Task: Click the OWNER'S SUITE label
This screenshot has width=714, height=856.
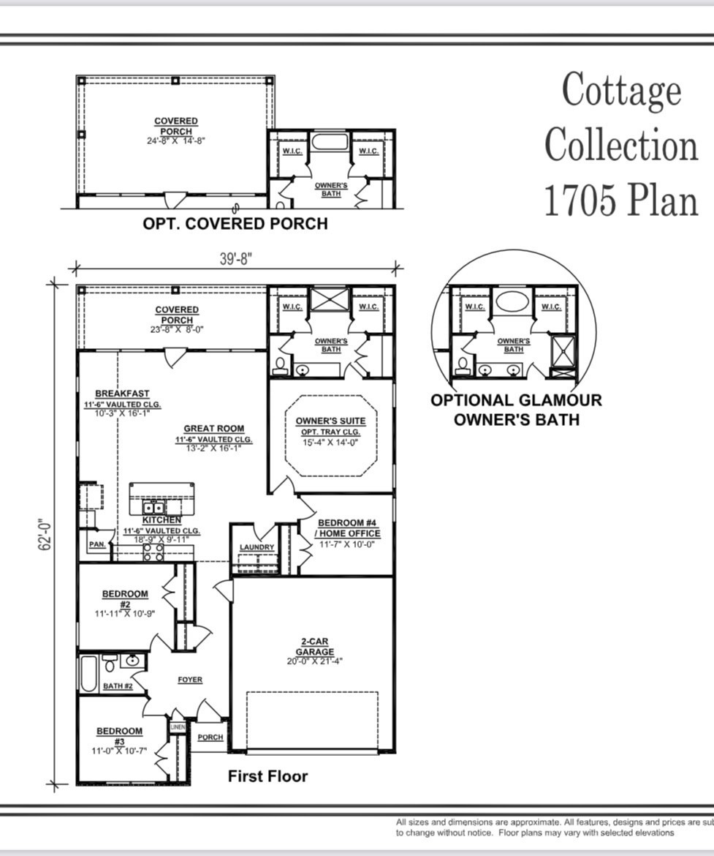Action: pyautogui.click(x=330, y=421)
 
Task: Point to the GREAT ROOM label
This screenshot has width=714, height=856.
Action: pyautogui.click(x=213, y=429)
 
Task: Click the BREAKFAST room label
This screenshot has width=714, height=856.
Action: pyautogui.click(x=122, y=394)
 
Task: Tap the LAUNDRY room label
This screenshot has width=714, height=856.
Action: pyautogui.click(x=257, y=547)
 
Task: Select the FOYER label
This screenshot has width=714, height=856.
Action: pyautogui.click(x=190, y=680)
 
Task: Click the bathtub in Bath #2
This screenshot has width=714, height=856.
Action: pyautogui.click(x=88, y=674)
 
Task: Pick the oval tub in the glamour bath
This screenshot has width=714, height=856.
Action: pyautogui.click(x=513, y=301)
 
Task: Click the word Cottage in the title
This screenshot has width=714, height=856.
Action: pyautogui.click(x=621, y=90)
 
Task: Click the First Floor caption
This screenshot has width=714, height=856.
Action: pyautogui.click(x=267, y=776)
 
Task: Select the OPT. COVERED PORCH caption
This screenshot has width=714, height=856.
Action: pyautogui.click(x=235, y=224)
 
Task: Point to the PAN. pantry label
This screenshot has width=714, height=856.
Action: pyautogui.click(x=96, y=545)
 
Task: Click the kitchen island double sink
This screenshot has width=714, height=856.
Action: pyautogui.click(x=153, y=507)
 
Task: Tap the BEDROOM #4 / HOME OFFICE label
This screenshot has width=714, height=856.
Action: pyautogui.click(x=349, y=528)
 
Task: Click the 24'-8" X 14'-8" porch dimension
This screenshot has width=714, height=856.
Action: pyautogui.click(x=176, y=140)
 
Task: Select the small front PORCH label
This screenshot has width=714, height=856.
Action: pyautogui.click(x=210, y=737)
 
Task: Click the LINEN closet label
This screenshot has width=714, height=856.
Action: pyautogui.click(x=178, y=727)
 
